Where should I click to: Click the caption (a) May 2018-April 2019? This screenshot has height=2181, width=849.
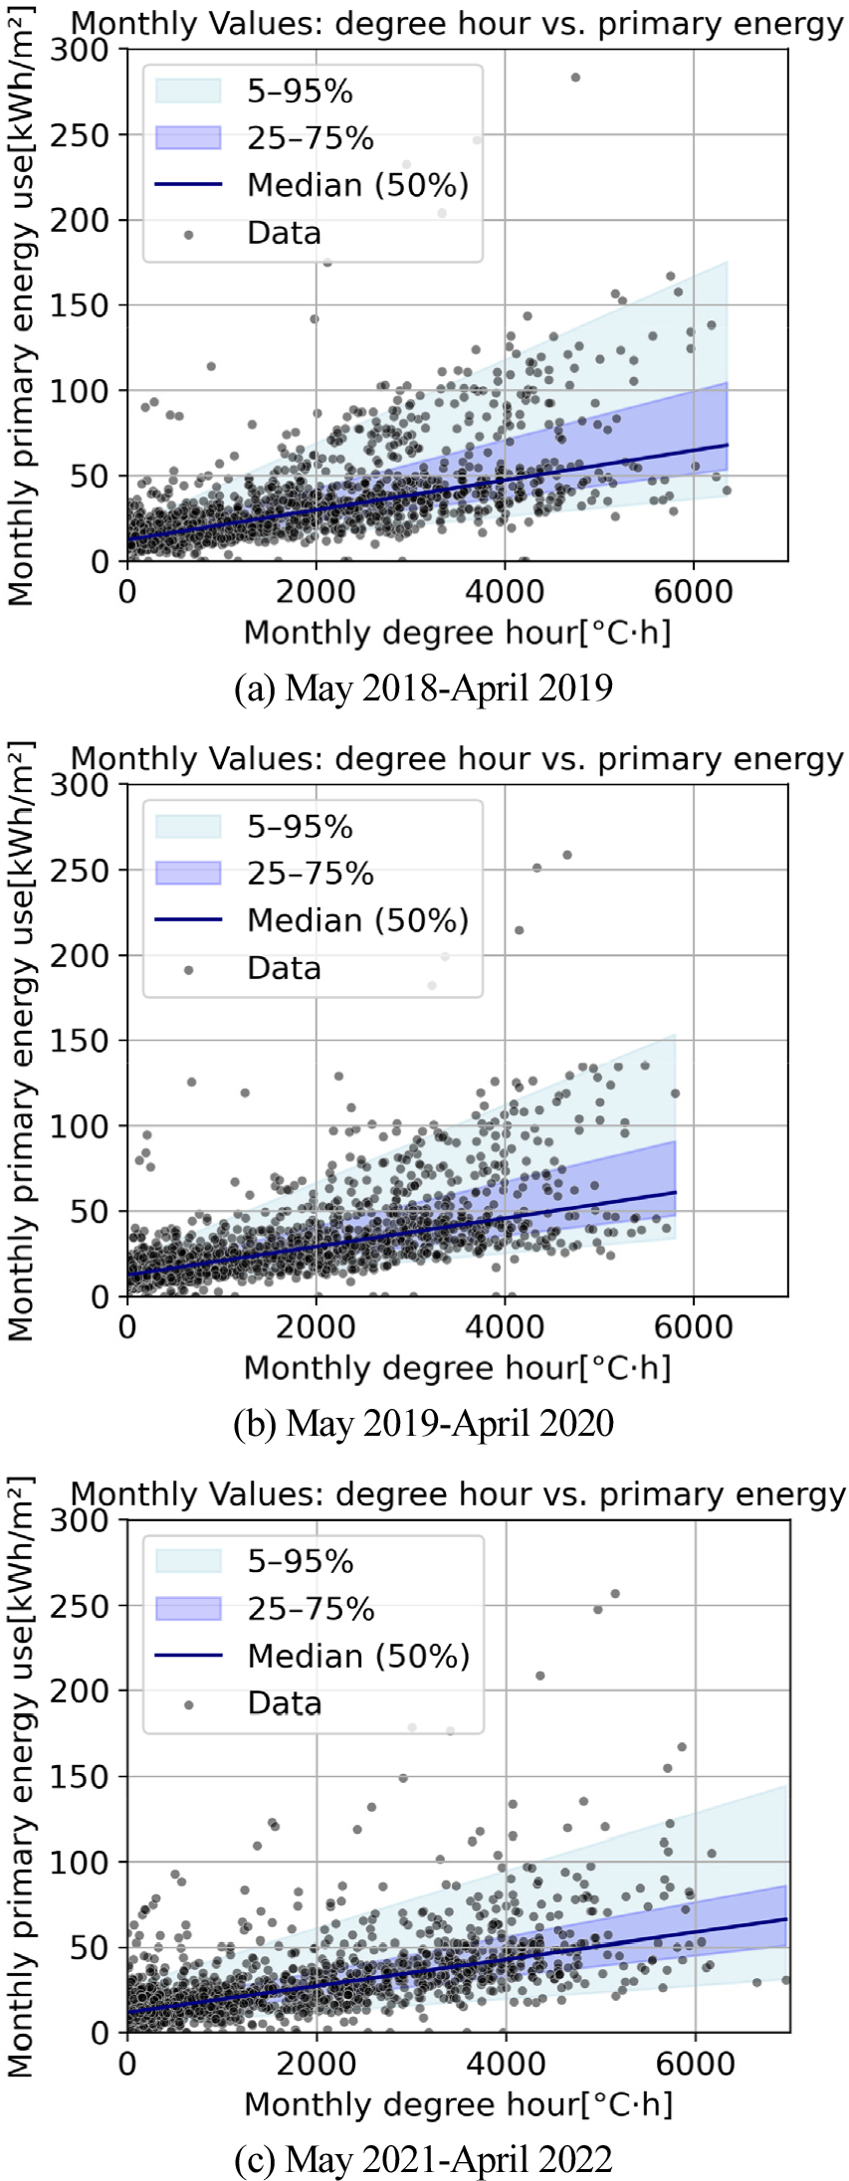[x=423, y=688]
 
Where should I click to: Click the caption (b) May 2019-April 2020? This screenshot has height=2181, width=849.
[x=423, y=1423]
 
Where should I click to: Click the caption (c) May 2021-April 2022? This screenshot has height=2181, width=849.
[x=423, y=2159]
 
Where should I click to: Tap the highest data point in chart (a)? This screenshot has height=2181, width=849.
[x=574, y=78]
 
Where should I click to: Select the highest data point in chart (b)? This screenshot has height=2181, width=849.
[x=567, y=855]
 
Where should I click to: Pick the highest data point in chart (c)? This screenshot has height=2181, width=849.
[x=615, y=1593]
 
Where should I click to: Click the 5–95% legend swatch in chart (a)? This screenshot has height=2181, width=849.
[x=188, y=91]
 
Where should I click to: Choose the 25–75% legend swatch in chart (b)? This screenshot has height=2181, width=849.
[x=188, y=873]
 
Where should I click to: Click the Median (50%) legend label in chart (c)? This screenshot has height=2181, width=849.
[x=358, y=1656]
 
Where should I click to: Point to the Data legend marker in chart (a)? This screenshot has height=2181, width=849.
[x=188, y=233]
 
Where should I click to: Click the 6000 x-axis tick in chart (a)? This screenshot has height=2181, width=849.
[x=694, y=591]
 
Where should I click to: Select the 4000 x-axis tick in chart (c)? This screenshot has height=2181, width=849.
[x=505, y=2063]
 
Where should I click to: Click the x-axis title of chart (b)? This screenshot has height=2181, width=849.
[x=458, y=1368]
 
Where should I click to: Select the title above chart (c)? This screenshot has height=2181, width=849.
[x=458, y=1494]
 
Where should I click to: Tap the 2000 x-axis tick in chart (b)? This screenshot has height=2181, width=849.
[x=317, y=1327]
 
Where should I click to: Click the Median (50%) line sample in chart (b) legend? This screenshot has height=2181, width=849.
[x=188, y=919]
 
